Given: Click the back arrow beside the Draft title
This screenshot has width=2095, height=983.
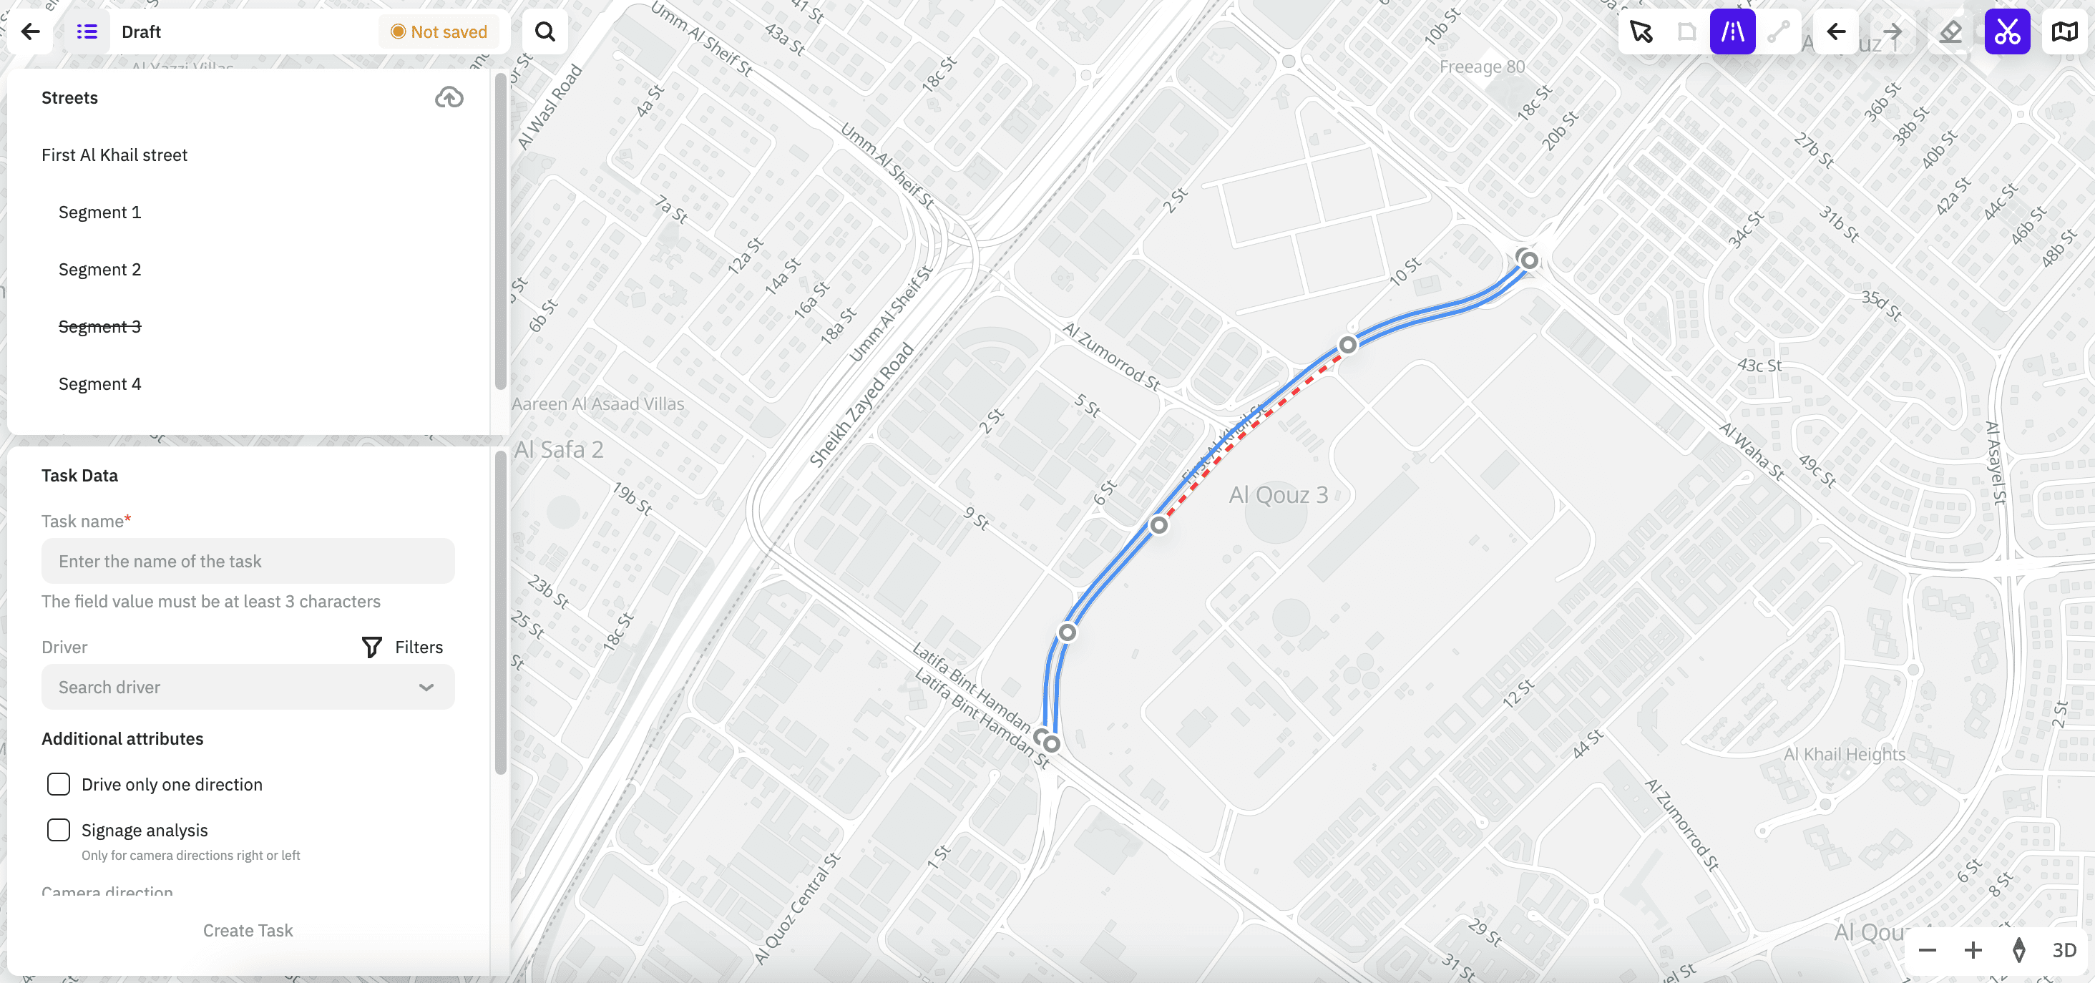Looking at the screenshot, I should coord(31,31).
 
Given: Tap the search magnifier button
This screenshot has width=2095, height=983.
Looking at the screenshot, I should coord(545,31).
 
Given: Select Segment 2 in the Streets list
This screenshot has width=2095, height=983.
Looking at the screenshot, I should coord(99,269).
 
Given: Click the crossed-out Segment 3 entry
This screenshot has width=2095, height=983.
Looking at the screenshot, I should coord(99,326).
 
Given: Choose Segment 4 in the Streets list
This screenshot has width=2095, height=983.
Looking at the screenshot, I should coord(99,383).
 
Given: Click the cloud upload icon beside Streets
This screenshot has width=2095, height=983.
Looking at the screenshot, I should coord(449,97).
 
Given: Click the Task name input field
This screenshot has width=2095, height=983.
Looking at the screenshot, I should coord(248,561).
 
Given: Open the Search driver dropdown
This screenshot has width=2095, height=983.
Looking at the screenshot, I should coord(248,687).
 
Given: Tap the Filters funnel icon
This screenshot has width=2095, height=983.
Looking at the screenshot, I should coord(371,647).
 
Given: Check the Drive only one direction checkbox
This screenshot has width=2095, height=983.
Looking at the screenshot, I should coord(59,785).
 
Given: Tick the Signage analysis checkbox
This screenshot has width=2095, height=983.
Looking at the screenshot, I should coord(59,830).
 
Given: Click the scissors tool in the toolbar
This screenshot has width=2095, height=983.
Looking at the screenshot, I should coord(2006,31).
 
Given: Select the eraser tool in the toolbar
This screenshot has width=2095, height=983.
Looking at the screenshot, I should coord(1950,31).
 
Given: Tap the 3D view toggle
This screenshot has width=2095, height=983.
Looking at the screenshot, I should coord(2064,949).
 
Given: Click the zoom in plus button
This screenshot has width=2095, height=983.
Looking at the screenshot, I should coord(1972,949).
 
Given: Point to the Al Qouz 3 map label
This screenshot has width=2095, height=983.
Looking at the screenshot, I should coord(1278,494).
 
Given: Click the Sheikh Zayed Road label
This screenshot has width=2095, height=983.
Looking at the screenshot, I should coord(861,405).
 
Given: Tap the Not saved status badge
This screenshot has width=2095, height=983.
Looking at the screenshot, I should coord(439,31).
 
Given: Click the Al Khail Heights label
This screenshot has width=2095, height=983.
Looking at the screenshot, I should coord(1844,754).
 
